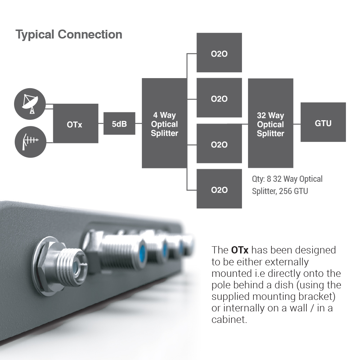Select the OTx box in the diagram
coord(76,123)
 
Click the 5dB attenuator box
coord(119,123)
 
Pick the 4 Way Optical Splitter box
coord(165,123)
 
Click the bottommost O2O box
coord(219,189)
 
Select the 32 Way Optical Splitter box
coord(270,123)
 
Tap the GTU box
coord(323,122)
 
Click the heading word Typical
coord(35,35)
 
